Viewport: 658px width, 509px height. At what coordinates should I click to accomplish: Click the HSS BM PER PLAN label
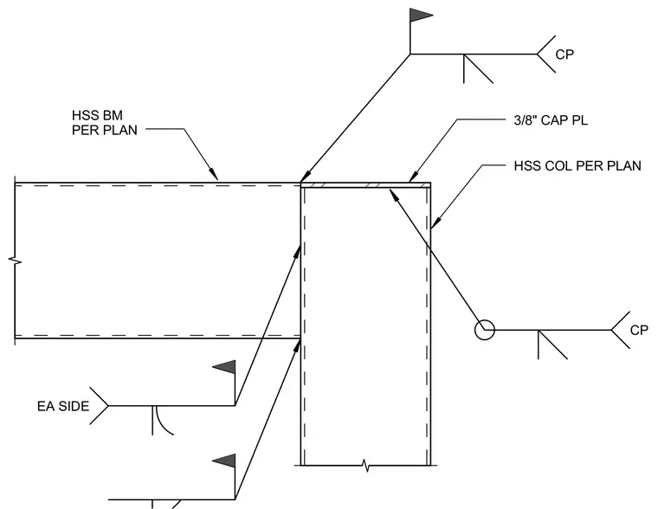105,123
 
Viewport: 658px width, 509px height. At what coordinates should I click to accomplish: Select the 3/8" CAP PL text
551,120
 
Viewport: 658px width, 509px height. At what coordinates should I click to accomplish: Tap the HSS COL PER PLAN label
577,165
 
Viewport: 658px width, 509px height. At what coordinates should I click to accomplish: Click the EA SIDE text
63,406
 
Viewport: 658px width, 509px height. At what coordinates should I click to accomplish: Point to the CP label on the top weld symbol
564,55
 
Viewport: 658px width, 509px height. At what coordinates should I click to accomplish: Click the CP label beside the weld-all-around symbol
639,330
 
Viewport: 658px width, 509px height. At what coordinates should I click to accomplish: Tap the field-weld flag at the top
421,15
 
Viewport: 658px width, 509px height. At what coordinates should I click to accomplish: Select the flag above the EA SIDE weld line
224,367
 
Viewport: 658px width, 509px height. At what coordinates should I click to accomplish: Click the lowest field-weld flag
224,461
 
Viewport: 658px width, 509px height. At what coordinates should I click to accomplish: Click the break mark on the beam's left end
15,261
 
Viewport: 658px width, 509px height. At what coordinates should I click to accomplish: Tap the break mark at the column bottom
366,465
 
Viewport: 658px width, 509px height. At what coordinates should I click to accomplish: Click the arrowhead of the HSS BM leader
215,175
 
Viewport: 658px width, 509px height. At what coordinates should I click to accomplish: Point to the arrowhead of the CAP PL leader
413,177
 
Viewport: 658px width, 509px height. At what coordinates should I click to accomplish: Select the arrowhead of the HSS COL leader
435,222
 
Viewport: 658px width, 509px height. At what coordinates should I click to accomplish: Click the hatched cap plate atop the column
366,184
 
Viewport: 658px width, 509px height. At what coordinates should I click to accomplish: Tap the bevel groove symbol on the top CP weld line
478,68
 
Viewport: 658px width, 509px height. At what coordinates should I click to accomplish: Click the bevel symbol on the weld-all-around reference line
552,345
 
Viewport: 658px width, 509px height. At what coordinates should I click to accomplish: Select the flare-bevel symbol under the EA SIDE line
163,421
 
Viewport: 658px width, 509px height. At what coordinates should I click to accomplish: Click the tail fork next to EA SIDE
100,406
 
